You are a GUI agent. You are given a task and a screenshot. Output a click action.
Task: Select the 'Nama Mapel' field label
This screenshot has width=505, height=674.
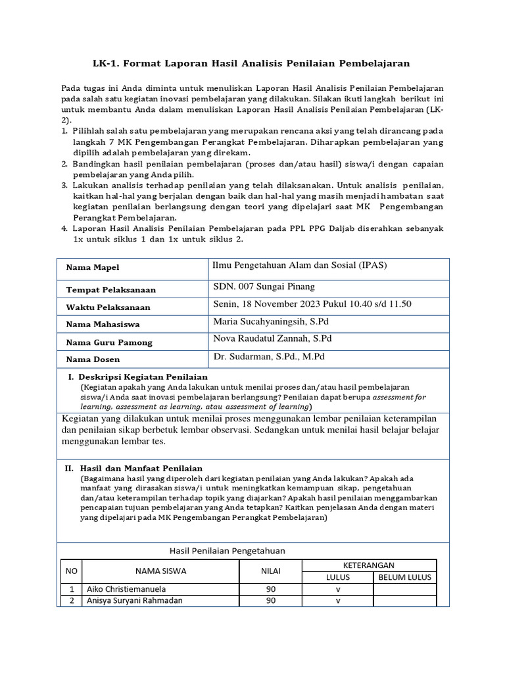pos(93,268)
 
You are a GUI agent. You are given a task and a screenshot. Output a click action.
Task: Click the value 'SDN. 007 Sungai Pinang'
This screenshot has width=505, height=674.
pos(264,286)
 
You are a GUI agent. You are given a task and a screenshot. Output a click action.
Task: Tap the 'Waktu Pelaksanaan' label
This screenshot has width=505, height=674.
pos(108,307)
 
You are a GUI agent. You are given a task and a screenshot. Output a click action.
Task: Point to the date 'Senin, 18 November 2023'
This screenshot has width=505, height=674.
pos(267,303)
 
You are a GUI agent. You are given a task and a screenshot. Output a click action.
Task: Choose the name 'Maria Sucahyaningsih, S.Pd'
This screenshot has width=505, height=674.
pos(269,321)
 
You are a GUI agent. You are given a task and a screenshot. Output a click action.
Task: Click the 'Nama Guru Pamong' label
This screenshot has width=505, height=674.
pos(108,342)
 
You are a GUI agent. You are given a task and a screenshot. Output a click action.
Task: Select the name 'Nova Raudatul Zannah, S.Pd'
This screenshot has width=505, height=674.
pos(272,338)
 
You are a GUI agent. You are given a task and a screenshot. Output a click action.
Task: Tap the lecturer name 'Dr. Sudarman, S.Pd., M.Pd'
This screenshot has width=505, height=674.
pos(269,356)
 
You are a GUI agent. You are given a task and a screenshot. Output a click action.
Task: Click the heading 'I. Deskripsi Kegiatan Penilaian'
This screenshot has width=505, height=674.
pos(138,377)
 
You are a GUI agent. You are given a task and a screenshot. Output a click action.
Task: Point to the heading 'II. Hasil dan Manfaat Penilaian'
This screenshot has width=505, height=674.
pos(133,468)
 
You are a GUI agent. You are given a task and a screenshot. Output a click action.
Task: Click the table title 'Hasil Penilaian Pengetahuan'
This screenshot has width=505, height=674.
pos(228,551)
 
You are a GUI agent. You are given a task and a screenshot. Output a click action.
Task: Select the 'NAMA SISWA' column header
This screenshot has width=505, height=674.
pos(160,571)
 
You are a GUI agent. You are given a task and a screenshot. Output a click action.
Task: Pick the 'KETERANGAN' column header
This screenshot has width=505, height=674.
pos(369,565)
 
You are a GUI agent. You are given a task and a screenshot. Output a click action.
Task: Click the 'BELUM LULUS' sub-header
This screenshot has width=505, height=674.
pos(404,577)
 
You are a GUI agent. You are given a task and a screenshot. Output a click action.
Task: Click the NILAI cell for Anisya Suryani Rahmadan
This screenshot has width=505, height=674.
pos(270,601)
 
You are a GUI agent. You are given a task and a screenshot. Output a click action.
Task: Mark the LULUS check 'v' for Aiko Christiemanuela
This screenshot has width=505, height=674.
pos(338,590)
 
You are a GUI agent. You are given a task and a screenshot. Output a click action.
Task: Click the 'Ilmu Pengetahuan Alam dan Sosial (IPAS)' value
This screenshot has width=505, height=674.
pos(300,265)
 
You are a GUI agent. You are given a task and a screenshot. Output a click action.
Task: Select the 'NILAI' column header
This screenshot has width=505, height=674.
pos(270,571)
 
